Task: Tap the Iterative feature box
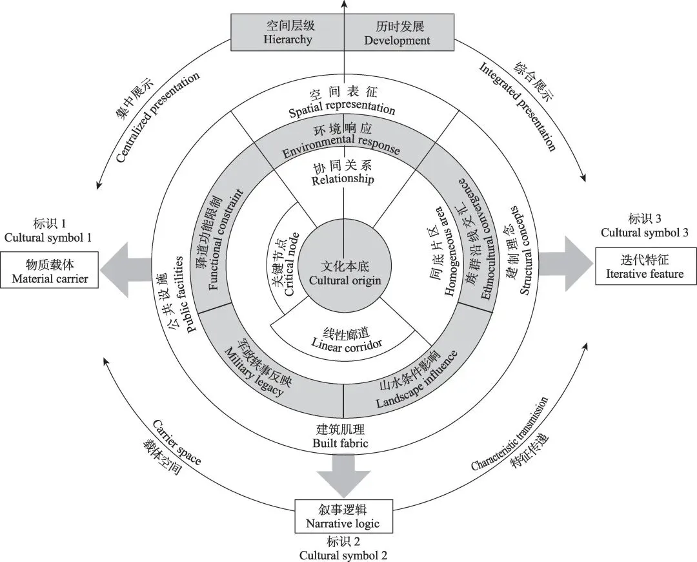coord(645,266)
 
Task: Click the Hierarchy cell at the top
coord(288,32)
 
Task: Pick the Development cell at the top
coord(397,32)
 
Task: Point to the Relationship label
coord(343,174)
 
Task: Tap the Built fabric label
coord(340,436)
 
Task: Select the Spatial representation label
coord(342,103)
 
